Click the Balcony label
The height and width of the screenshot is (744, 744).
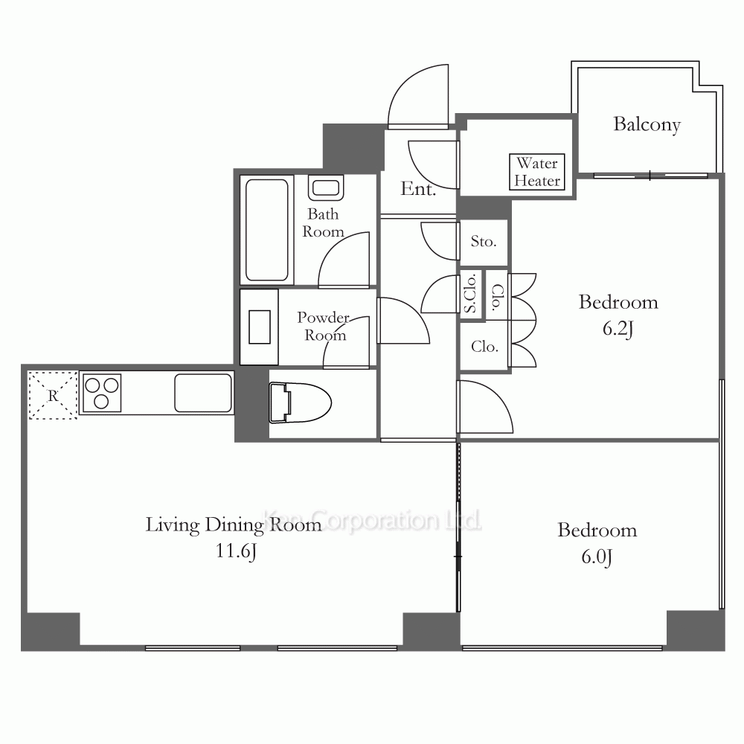647,125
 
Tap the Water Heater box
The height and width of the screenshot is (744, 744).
537,173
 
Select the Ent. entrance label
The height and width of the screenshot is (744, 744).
418,189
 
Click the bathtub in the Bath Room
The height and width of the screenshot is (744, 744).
266,230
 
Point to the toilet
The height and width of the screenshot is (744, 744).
300,403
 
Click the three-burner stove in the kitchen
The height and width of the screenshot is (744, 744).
102,393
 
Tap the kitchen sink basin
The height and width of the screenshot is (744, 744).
203,393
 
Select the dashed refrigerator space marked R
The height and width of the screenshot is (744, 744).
53,395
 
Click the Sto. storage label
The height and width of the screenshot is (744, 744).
484,242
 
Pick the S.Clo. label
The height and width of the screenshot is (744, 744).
470,294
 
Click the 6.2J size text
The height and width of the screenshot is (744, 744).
618,328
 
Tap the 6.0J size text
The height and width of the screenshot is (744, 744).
597,556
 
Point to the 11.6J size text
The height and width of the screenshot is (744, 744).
237,551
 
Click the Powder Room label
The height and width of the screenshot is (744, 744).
324,326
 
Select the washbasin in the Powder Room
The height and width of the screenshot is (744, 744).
259,327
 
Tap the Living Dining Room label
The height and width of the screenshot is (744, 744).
234,525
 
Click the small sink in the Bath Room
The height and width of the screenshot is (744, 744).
326,188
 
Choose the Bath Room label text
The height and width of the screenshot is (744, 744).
323,222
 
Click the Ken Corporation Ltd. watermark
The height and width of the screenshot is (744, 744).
373,521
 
